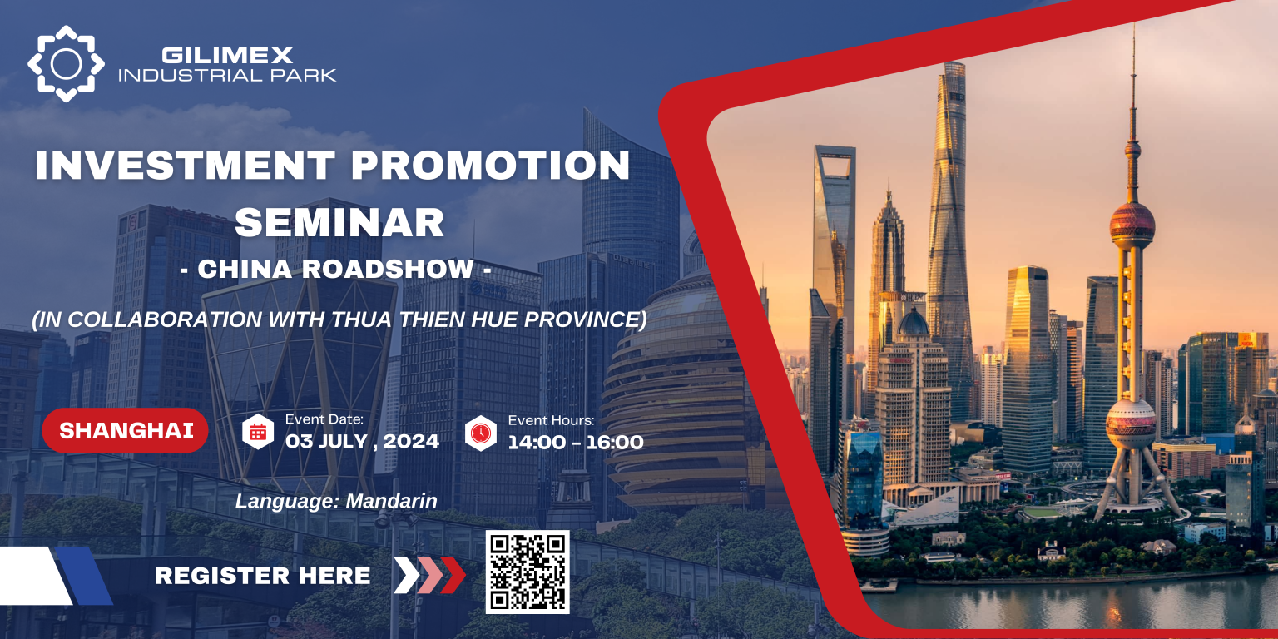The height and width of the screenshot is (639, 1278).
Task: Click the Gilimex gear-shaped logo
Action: point(67,64)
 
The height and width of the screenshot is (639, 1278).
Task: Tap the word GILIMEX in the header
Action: point(227,56)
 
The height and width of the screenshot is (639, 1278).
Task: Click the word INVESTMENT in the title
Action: point(185,166)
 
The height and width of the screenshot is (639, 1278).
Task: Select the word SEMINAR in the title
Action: point(339,222)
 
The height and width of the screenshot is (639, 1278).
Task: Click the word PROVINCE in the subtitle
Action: point(586,319)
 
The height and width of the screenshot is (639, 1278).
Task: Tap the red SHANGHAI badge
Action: point(125,431)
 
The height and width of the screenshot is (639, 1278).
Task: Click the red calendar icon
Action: point(258,432)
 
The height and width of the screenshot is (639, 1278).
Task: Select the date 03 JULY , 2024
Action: point(362,441)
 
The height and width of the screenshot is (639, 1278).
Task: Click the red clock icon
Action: point(481,433)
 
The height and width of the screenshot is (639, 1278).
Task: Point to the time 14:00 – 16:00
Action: point(576,442)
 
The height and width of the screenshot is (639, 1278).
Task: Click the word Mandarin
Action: point(391,501)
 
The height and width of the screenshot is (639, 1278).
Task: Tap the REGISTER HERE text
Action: point(263,576)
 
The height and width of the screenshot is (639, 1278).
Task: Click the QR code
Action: point(528,572)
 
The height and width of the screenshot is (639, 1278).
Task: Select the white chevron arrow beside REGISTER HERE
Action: point(407,575)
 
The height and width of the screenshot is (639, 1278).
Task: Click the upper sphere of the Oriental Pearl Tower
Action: point(1132,224)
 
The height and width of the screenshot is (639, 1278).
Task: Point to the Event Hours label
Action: point(551,420)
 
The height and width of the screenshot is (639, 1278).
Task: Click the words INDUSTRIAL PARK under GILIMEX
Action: point(227,75)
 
